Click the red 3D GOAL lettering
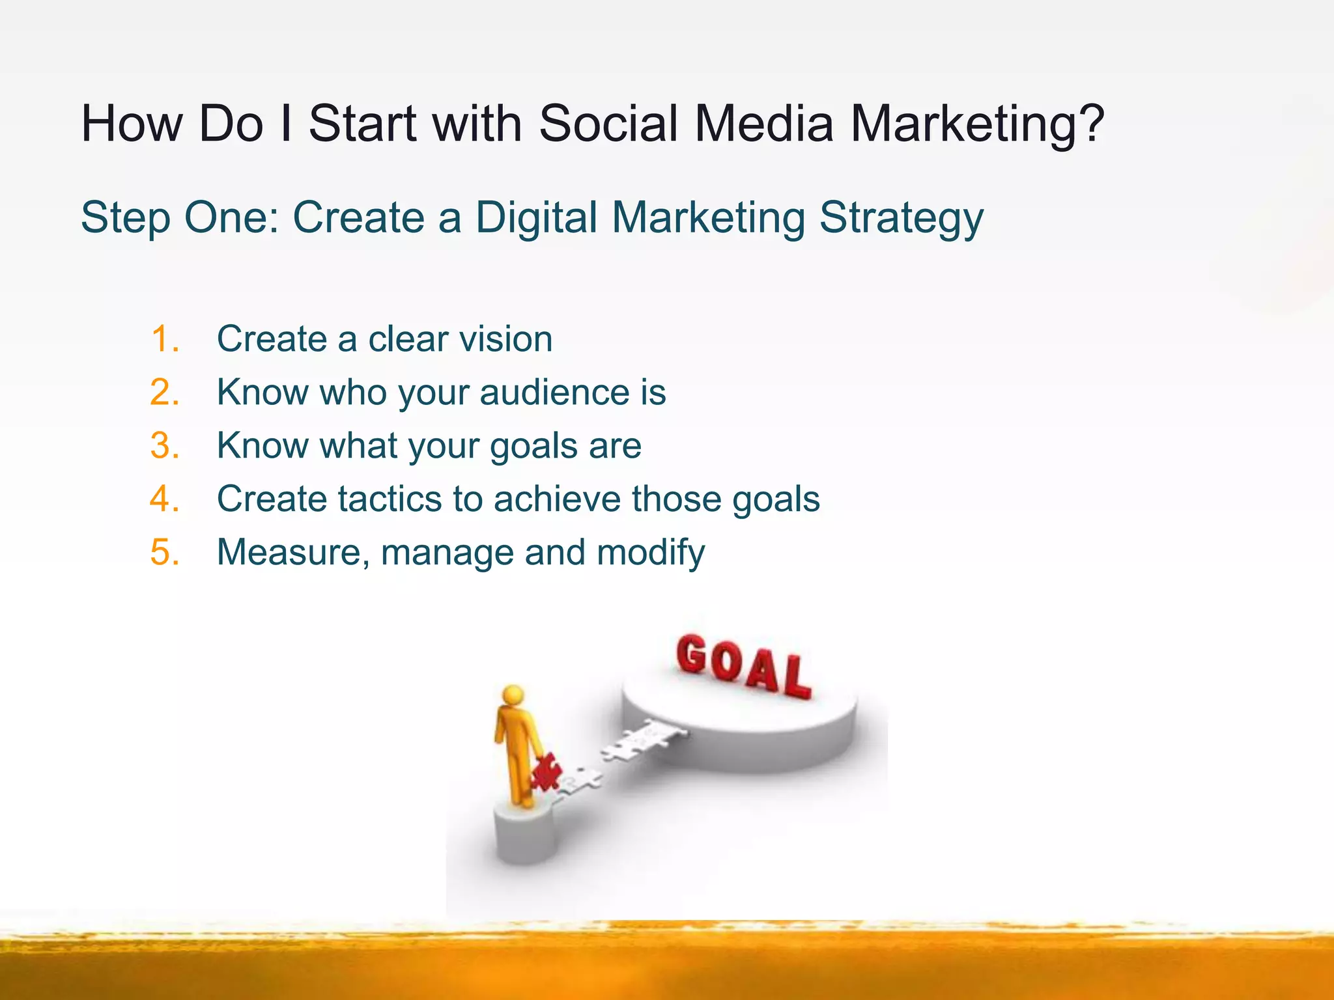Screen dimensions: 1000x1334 pyautogui.click(x=743, y=665)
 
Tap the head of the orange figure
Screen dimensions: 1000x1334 pyautogui.click(x=513, y=695)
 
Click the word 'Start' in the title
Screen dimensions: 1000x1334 pyautogui.click(x=362, y=123)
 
